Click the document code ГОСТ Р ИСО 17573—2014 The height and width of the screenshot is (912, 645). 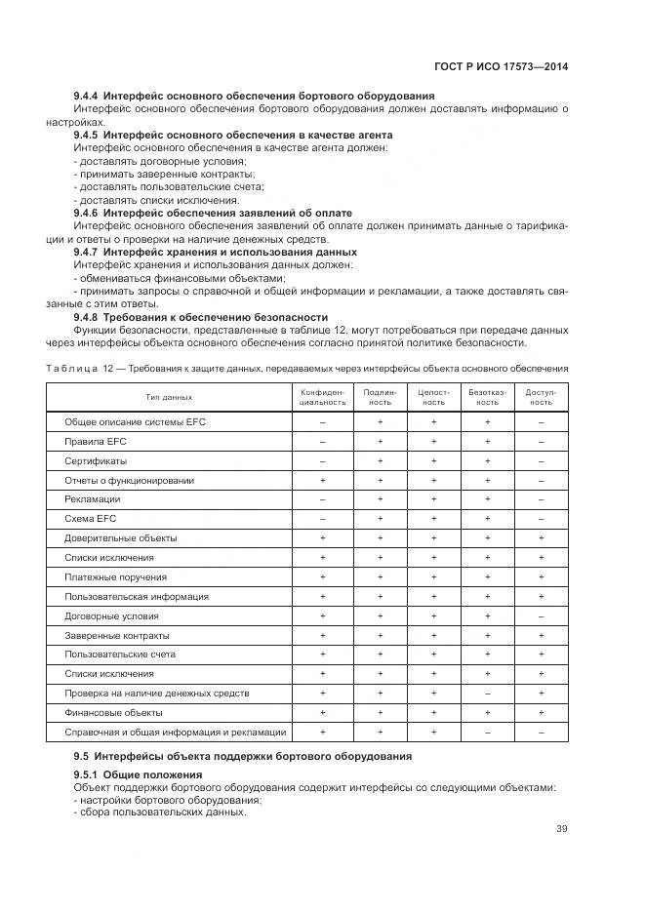point(501,67)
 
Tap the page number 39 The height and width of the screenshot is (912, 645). point(561,829)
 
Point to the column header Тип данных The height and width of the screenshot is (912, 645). point(170,397)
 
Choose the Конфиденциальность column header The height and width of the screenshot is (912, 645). point(322,397)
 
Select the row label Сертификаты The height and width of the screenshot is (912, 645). point(96,460)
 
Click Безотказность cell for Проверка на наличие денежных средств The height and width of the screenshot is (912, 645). point(486,693)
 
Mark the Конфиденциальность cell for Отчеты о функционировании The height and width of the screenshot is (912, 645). point(322,480)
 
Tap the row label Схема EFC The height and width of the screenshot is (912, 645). point(90,519)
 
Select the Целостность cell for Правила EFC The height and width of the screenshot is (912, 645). point(432,441)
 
